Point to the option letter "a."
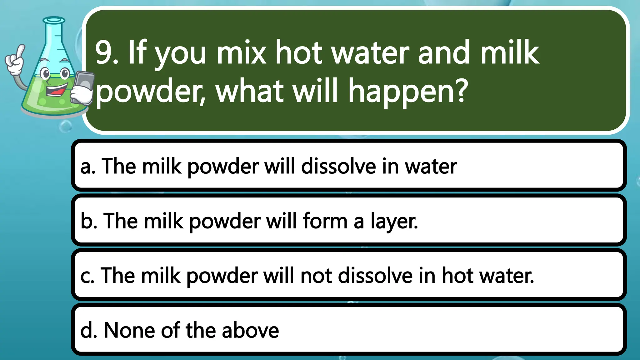(87, 167)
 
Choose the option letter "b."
(88, 221)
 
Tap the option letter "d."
(88, 330)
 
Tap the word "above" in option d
(250, 330)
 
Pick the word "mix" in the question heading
(241, 53)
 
